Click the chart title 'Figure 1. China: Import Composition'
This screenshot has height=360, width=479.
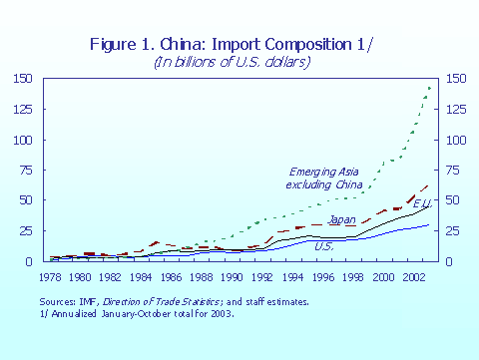222,43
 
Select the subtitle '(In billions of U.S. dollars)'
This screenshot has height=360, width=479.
231,62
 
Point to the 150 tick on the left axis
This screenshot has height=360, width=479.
21,79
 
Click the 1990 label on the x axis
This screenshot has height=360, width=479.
233,275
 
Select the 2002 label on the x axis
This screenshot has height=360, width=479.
412,275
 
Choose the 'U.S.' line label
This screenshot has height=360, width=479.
323,245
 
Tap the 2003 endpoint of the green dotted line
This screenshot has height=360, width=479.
430,88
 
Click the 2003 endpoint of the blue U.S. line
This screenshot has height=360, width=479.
430,224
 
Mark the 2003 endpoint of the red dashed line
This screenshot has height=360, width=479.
430,184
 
